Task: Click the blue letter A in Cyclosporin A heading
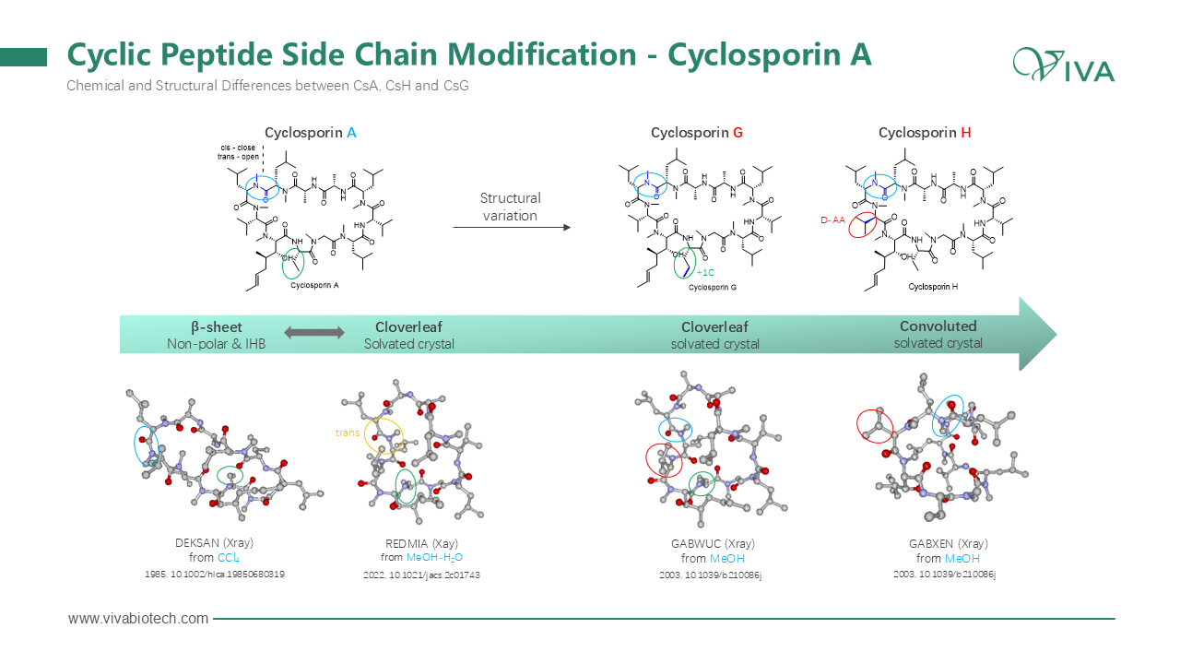click(351, 133)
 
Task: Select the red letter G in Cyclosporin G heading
click(737, 133)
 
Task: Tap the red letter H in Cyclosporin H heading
click(965, 133)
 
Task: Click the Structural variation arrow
click(511, 227)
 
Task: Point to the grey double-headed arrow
click(313, 332)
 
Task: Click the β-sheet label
click(216, 326)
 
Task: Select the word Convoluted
click(938, 326)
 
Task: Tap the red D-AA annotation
click(832, 219)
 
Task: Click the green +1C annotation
click(705, 273)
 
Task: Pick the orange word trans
click(348, 433)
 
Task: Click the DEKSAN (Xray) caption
click(214, 544)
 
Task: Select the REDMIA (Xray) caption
click(421, 544)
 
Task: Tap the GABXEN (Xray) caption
click(948, 544)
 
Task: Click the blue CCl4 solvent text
click(230, 558)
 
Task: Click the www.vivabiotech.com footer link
click(138, 619)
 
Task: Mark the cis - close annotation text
click(238, 147)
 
